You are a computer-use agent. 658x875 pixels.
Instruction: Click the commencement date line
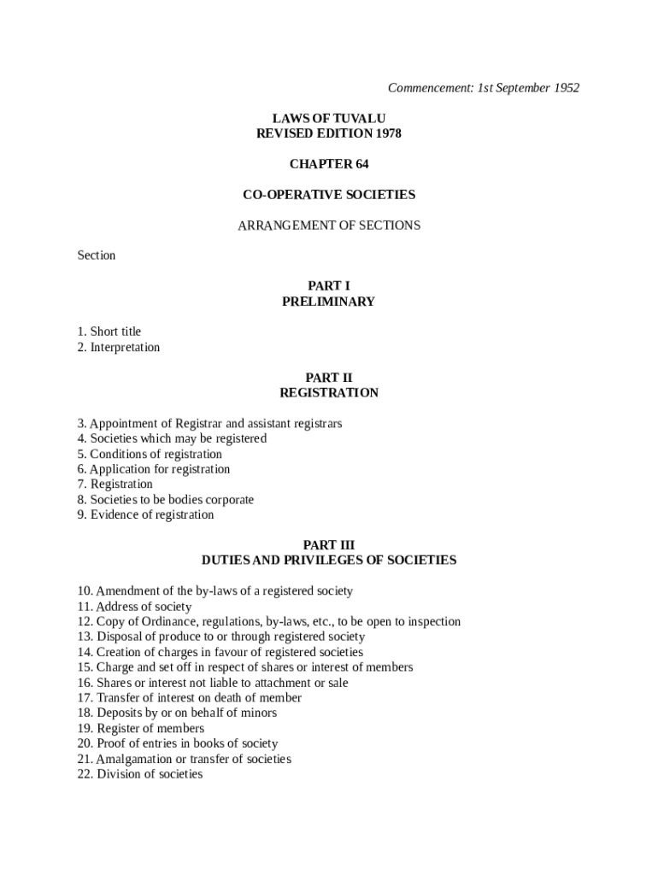[x=483, y=88]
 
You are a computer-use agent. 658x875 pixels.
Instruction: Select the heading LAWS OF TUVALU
[x=328, y=118]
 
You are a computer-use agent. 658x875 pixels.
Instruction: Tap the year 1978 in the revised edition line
[x=386, y=133]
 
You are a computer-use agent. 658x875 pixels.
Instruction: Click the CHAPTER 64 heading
[x=328, y=164]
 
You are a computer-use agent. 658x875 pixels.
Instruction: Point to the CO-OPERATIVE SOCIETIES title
[x=328, y=195]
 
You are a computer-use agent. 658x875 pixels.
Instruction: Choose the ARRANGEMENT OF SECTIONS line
[x=328, y=226]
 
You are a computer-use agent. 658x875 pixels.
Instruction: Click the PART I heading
[x=328, y=286]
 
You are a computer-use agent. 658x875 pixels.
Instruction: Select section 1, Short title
[x=109, y=332]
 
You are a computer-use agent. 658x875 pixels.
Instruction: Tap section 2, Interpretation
[x=119, y=347]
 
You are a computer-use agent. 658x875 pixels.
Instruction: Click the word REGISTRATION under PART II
[x=328, y=393]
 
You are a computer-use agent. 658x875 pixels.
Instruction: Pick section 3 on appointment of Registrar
[x=209, y=424]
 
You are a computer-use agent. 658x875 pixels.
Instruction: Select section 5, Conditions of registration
[x=150, y=454]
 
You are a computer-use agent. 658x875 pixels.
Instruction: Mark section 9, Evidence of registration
[x=145, y=515]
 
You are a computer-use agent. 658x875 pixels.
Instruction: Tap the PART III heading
[x=328, y=545]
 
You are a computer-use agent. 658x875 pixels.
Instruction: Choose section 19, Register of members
[x=141, y=728]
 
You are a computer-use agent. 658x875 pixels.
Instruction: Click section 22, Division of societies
[x=140, y=774]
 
